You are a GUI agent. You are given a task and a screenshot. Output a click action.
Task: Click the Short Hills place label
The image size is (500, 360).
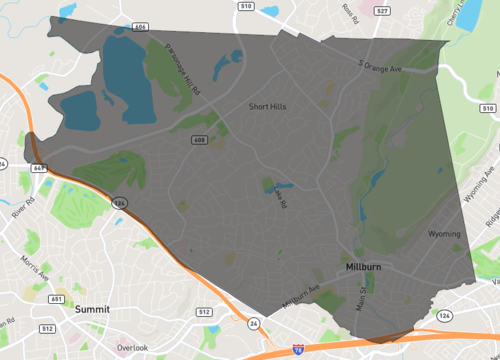point(269,105)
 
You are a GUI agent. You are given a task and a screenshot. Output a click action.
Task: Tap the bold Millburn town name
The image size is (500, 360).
point(363,268)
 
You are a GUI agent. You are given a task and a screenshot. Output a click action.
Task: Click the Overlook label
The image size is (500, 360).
point(132,347)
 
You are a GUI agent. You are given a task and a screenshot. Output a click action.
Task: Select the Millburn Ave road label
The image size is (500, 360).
point(300,297)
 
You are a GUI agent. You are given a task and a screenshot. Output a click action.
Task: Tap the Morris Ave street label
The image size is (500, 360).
point(34,271)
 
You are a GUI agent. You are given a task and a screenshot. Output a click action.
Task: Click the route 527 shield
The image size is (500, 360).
point(381,9)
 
